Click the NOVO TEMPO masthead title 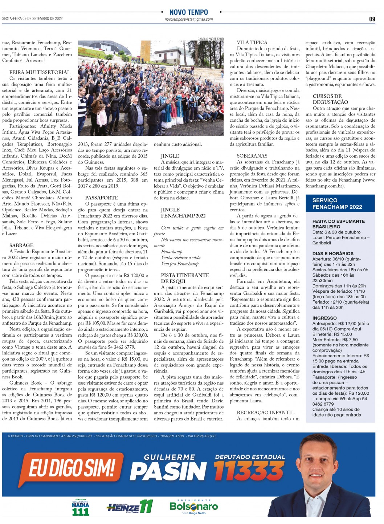coord(189,12)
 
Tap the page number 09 coord(372,19)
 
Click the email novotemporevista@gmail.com coord(189,20)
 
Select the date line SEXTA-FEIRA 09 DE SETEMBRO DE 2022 coord(33,19)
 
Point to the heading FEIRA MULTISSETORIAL coord(40,72)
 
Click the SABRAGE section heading coord(21,245)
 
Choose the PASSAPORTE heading coord(102,198)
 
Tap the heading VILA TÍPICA coord(252,43)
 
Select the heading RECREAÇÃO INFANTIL coord(265,413)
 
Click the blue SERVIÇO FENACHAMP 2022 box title coord(337,204)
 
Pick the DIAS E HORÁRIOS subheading coord(333,253)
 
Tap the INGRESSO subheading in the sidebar coord(324,318)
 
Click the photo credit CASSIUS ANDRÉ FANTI coord(211,39)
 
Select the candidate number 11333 coord(249,471)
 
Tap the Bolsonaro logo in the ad coord(193,506)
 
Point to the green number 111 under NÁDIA coord(81,512)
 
